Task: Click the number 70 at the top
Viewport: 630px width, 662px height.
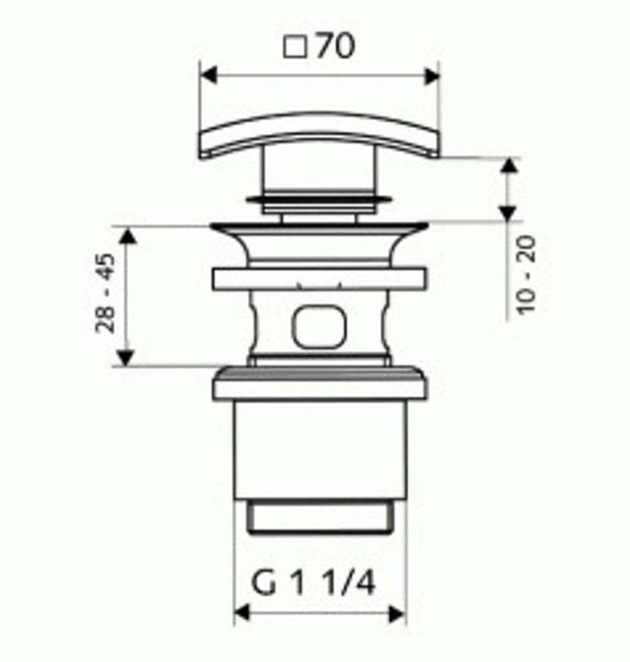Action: (x=335, y=46)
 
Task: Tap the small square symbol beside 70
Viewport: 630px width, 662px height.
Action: (x=295, y=47)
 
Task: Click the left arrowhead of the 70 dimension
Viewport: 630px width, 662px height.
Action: (x=209, y=76)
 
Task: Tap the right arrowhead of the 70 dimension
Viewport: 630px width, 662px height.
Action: (x=431, y=76)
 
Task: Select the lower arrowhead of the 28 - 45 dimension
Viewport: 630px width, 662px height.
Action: (x=125, y=358)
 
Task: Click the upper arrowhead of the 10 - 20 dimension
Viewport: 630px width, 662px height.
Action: (x=509, y=166)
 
